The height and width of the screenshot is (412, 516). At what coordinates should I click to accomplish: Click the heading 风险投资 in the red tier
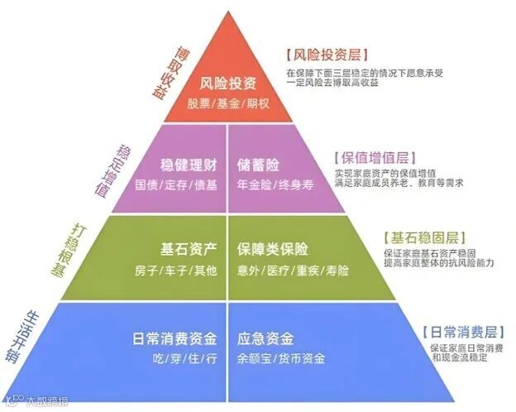[228, 84]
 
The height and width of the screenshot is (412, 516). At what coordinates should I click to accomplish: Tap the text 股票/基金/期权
[228, 103]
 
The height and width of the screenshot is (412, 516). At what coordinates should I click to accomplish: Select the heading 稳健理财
[189, 164]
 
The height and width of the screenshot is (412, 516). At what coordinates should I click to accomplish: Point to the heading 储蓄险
[257, 164]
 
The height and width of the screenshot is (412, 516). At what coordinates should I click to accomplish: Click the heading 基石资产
[189, 249]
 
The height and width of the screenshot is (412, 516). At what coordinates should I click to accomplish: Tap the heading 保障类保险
[273, 249]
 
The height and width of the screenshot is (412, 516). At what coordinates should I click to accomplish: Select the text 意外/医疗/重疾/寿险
[293, 271]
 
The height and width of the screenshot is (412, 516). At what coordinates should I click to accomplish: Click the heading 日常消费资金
[174, 338]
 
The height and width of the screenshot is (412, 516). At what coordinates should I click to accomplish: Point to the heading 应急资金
[264, 338]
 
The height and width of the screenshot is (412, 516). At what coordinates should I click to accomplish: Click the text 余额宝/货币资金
[281, 359]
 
